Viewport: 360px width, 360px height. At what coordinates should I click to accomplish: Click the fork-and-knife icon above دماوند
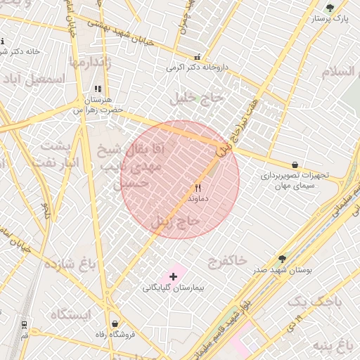point(198,188)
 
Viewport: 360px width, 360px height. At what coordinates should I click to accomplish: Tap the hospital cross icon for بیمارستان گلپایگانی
point(173,276)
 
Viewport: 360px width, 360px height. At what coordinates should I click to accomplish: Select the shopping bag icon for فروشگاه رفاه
point(115,324)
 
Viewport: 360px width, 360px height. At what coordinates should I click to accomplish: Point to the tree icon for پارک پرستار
point(330,8)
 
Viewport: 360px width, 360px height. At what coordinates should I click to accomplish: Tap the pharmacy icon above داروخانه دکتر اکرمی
point(196,57)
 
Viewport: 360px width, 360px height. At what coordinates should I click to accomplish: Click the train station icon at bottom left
point(24,324)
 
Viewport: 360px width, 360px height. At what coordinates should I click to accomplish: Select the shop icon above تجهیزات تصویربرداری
point(294,165)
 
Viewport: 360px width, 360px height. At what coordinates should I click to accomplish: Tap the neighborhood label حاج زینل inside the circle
point(180,222)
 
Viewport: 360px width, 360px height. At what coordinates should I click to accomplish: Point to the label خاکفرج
point(227,261)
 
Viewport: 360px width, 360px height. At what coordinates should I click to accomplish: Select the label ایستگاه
point(70,314)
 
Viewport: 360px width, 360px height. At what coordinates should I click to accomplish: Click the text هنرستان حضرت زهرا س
point(98,105)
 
